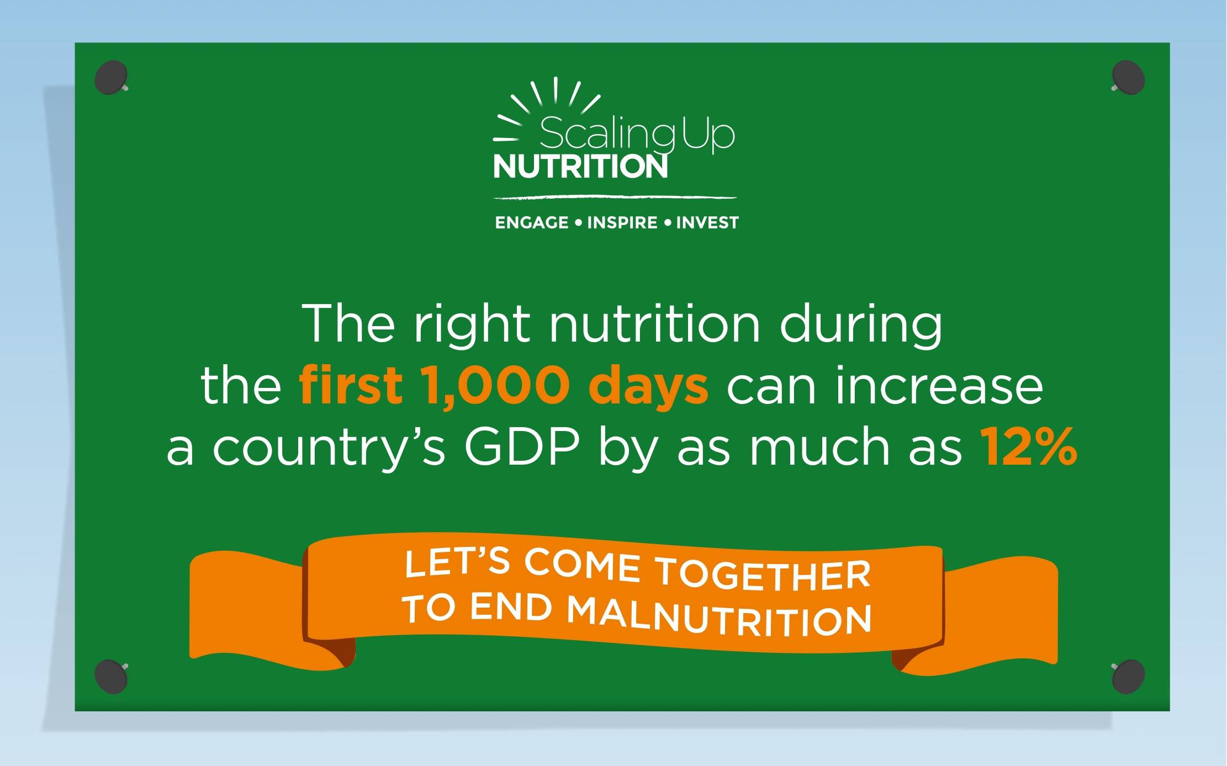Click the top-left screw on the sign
coord(112,77)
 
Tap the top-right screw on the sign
coord(1128,77)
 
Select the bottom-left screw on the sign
coord(112,676)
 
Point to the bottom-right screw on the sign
coord(1128,676)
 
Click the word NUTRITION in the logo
coord(580,167)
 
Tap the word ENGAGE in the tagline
coord(532,222)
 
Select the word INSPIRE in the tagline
coord(622,222)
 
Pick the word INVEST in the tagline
coord(707,222)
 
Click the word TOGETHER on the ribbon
coord(763,574)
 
